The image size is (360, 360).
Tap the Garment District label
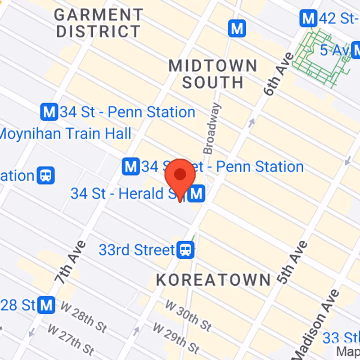pyautogui.click(x=99, y=23)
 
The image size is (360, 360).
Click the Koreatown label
pyautogui.click(x=213, y=279)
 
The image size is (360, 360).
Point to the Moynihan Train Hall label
pyautogui.click(x=66, y=133)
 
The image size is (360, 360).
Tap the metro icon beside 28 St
pyautogui.click(x=47, y=305)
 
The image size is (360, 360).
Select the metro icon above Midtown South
pyautogui.click(x=237, y=29)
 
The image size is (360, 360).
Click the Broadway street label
pyautogui.click(x=212, y=128)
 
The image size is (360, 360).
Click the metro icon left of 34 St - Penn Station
pyautogui.click(x=49, y=112)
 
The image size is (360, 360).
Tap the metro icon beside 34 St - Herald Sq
pyautogui.click(x=197, y=194)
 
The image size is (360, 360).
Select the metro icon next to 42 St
pyautogui.click(x=308, y=19)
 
